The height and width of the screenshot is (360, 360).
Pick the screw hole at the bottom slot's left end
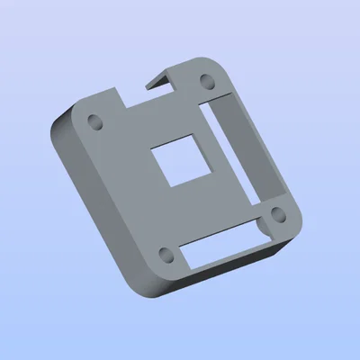(164, 253)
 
